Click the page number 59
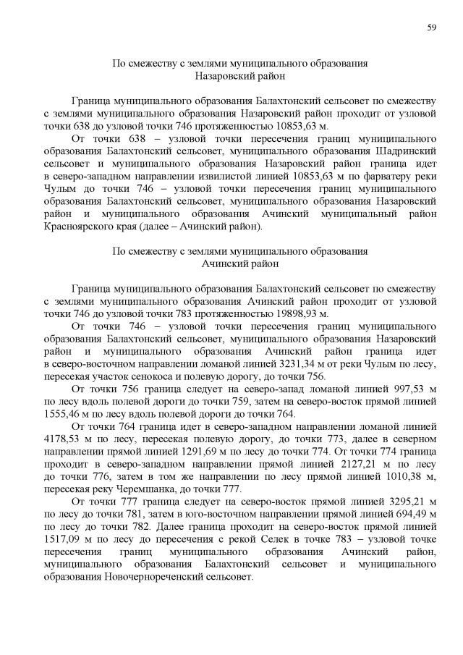[x=431, y=27]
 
